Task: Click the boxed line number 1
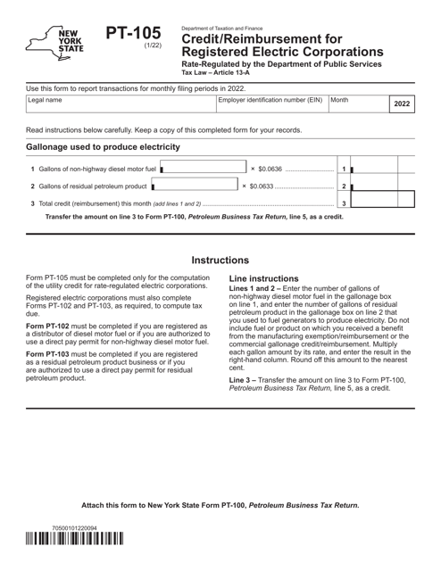coord(343,169)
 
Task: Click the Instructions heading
coord(220,261)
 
